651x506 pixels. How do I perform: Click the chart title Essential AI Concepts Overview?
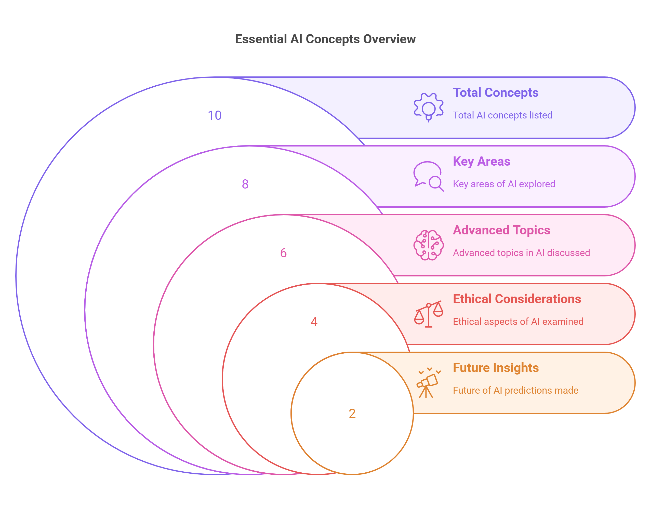[x=325, y=39]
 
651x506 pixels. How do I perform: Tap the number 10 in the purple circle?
[x=215, y=116]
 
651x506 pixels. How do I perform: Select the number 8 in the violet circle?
[x=245, y=184]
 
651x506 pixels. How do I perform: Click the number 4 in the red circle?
[x=314, y=322]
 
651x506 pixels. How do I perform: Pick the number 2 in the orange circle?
[x=352, y=414]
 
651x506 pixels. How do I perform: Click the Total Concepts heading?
[x=495, y=93]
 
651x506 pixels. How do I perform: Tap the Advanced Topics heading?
[x=501, y=230]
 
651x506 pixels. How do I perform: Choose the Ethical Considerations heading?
[x=517, y=299]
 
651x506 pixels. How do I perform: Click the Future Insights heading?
[x=496, y=368]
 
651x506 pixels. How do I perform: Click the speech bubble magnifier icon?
[x=428, y=176]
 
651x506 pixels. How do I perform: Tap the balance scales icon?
[x=429, y=314]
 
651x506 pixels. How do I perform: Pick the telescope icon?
[x=428, y=383]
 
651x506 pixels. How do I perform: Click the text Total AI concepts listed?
[x=502, y=115]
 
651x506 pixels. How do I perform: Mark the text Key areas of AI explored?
[x=504, y=184]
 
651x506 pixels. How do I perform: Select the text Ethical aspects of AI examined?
[x=518, y=322]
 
